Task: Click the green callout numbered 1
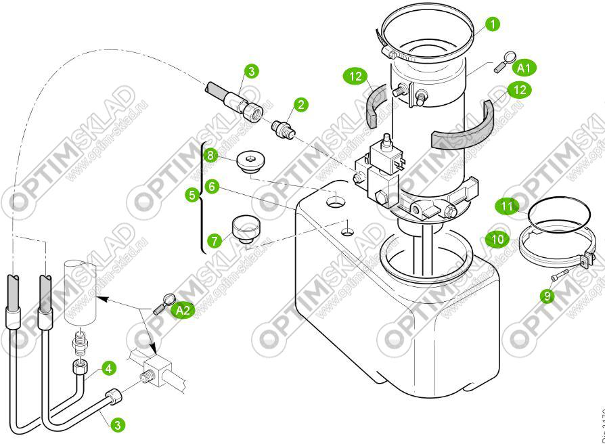coord(493,24)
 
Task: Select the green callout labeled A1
coord(525,67)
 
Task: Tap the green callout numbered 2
coord(300,104)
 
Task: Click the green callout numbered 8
coord(211,156)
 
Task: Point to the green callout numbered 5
coord(193,196)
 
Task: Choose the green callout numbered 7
coord(215,240)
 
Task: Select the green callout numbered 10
coord(496,238)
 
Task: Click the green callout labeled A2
coord(181,310)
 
